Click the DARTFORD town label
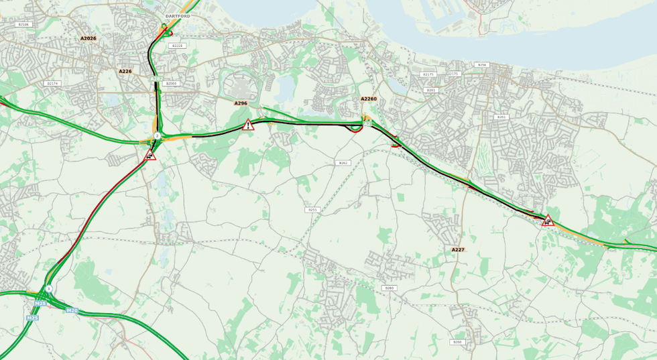(178, 15)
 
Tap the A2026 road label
(88, 38)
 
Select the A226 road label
(125, 71)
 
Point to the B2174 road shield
(52, 83)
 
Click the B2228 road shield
(177, 46)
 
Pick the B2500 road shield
(171, 83)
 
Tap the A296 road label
(241, 103)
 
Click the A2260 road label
(369, 99)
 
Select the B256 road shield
(481, 65)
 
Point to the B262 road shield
(343, 163)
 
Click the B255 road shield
(312, 210)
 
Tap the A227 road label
(458, 249)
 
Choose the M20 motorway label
(72, 310)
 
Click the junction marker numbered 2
(157, 135)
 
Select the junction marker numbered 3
(48, 288)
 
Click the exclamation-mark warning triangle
(248, 125)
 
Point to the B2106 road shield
(23, 24)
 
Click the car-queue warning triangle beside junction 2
(150, 156)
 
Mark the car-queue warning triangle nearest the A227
(548, 220)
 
